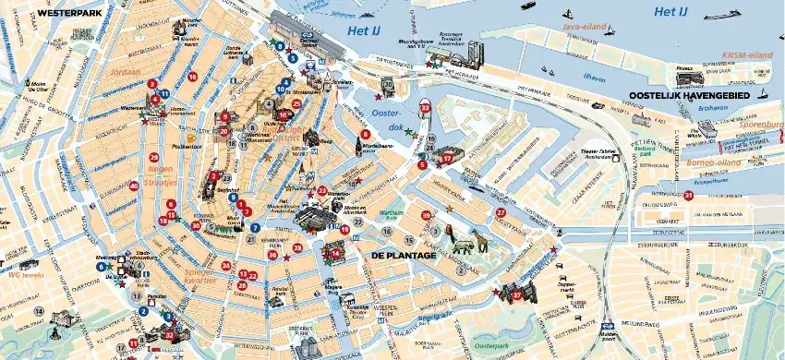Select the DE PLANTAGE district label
point(403,254)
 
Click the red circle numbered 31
point(688,195)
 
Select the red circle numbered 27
point(501,212)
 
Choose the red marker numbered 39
point(426,215)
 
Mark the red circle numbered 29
point(152,158)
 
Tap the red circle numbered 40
point(134,186)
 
